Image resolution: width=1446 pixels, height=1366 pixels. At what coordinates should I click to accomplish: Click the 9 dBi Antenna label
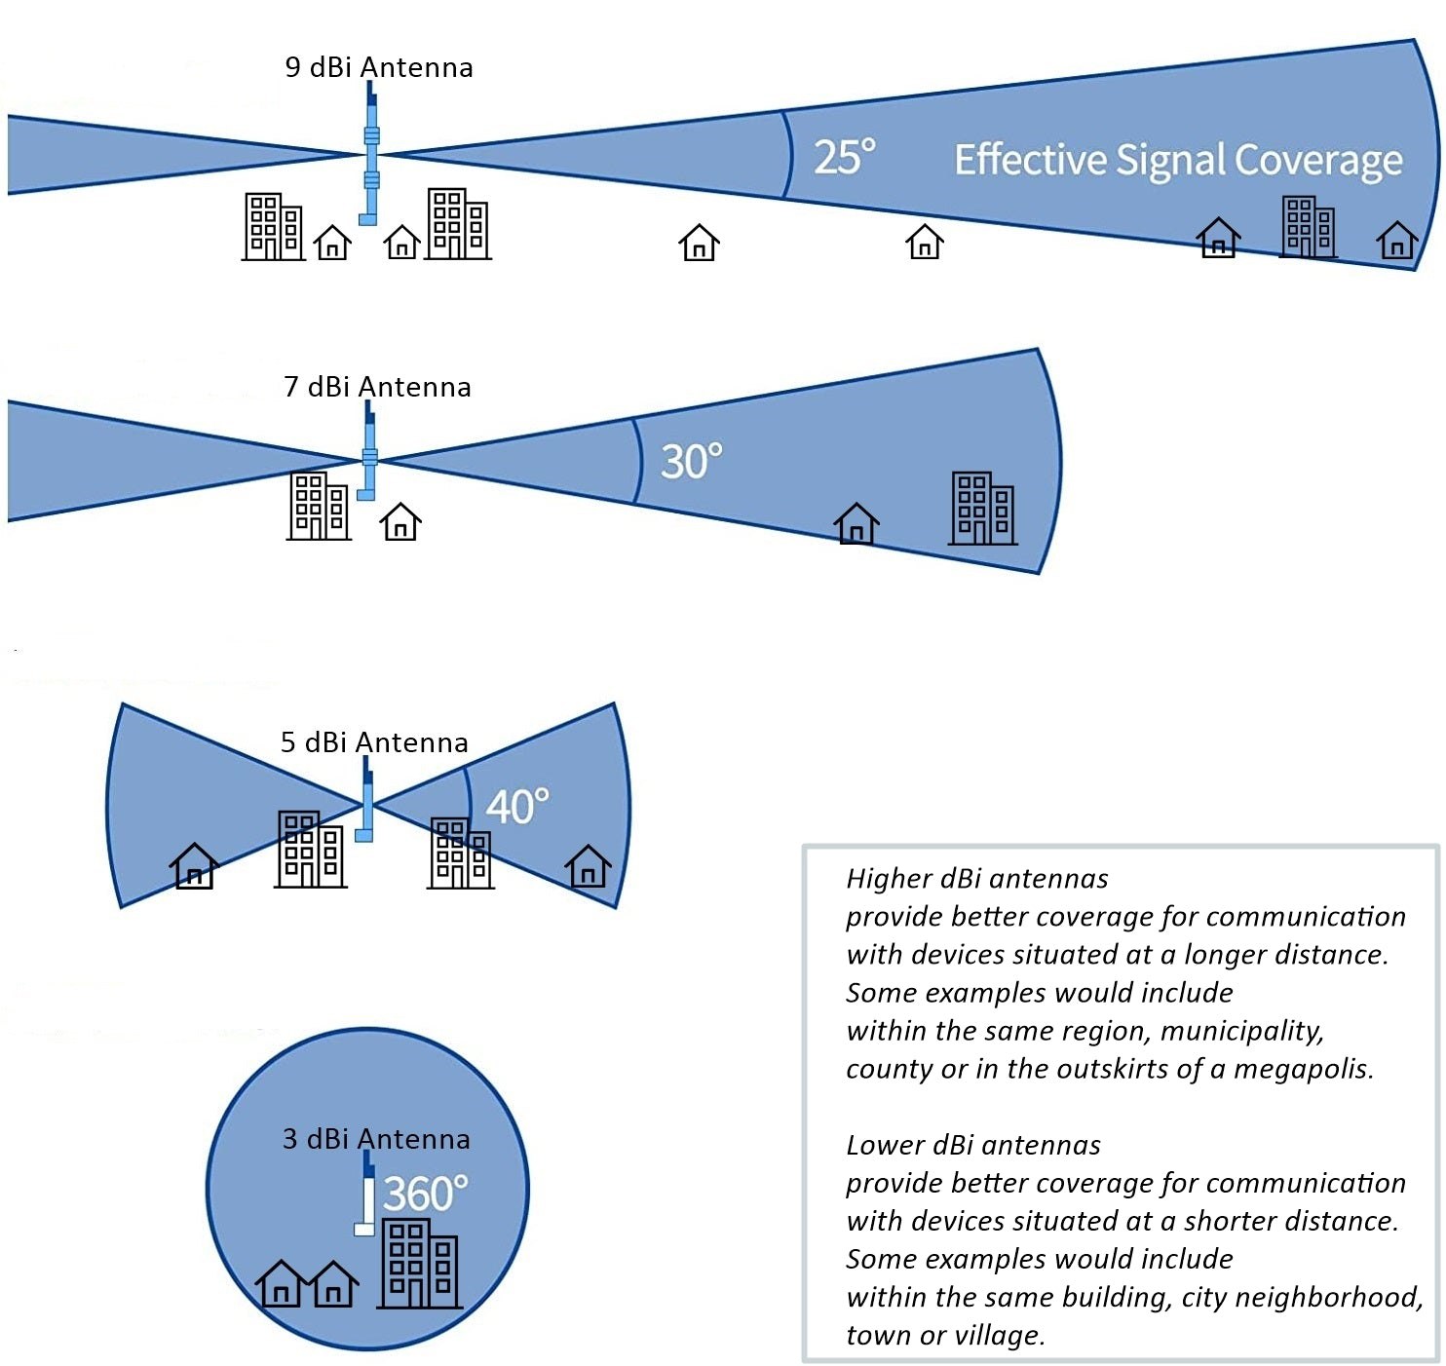coord(379,67)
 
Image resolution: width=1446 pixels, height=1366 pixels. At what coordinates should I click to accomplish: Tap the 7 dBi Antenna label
coord(377,387)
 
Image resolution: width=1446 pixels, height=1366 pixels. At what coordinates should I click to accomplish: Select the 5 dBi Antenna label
coord(374,742)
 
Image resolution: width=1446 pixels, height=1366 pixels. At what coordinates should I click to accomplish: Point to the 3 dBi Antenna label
coord(376,1139)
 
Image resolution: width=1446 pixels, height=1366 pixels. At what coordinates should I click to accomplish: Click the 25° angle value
coord(844,157)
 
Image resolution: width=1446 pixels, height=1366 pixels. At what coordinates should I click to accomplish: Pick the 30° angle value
coord(691,461)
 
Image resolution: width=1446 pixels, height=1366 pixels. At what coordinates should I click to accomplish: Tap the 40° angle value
coord(516,807)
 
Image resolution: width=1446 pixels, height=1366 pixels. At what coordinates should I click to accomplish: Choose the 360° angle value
coord(425,1194)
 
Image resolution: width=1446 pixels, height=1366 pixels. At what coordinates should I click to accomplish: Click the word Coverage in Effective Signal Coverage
coord(1318,161)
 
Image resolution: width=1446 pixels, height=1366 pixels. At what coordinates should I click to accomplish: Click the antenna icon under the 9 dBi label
coord(370,156)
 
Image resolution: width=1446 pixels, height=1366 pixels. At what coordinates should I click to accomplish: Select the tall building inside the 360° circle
coord(420,1264)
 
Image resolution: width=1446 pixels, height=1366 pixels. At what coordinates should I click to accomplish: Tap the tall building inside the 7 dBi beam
coord(982,508)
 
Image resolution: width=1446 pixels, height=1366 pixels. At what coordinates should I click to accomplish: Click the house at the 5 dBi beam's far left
coord(194,865)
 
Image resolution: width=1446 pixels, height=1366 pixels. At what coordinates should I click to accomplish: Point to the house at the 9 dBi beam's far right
coord(1396,239)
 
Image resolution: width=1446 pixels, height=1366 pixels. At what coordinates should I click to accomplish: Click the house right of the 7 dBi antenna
coord(400,522)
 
